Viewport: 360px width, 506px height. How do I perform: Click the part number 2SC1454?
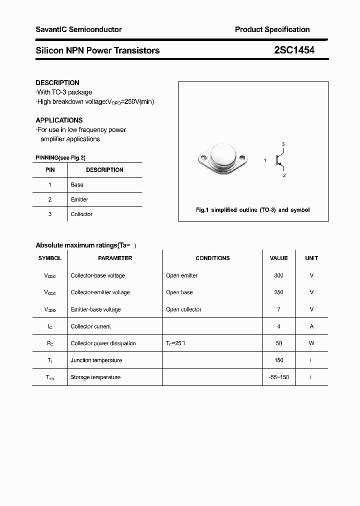pos(294,50)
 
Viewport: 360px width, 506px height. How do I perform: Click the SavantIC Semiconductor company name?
pos(78,29)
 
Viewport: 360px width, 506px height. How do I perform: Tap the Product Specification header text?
pos(272,29)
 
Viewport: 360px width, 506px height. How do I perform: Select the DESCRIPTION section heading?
pos(57,82)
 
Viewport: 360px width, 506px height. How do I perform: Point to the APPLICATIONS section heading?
pos(59,120)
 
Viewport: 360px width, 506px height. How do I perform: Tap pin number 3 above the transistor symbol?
pos(283,144)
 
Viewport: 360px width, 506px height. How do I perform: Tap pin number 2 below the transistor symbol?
pos(283,175)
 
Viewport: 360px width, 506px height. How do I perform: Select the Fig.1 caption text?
pos(252,210)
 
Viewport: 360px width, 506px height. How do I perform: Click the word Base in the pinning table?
pos(77,184)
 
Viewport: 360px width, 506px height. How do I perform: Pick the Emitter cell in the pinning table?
pos(79,199)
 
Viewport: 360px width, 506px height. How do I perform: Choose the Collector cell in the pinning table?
pos(81,214)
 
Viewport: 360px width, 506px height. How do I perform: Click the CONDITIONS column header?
pos(212,258)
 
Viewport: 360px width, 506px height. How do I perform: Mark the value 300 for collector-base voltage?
pos(278,275)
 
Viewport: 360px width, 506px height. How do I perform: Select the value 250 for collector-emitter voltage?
pos(278,292)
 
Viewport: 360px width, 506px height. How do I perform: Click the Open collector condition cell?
pos(183,309)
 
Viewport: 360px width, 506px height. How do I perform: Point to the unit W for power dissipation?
pos(311,343)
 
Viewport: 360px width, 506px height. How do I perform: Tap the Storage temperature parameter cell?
pos(95,377)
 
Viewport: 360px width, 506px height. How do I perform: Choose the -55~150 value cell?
pos(278,377)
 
